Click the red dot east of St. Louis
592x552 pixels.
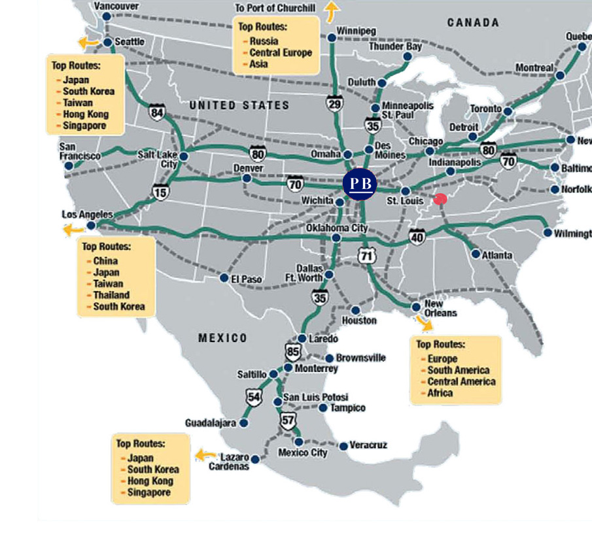point(440,199)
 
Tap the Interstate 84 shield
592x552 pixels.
point(156,112)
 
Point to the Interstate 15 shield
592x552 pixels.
point(159,191)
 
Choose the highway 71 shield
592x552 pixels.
point(366,256)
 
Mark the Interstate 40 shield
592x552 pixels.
point(417,236)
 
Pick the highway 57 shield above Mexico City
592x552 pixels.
point(288,421)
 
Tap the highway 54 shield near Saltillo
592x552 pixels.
point(254,396)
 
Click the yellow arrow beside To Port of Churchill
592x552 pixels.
point(333,11)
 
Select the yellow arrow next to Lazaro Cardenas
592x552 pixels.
point(205,455)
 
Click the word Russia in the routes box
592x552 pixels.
point(264,41)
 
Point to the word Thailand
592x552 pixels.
point(111,295)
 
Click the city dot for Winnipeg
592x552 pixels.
point(332,38)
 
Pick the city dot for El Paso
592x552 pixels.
point(224,277)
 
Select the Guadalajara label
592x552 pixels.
point(209,423)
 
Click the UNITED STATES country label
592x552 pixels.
point(239,105)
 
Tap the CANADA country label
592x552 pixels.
point(473,23)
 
